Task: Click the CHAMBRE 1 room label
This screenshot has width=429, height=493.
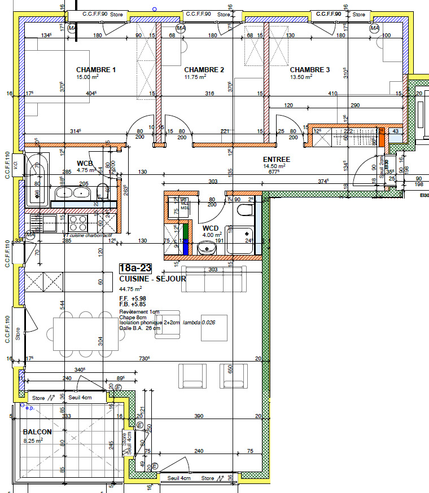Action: click(96, 70)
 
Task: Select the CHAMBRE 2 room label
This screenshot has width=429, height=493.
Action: click(204, 70)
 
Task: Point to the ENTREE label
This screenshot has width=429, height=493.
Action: click(277, 160)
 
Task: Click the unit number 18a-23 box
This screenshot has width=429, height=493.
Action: click(136, 268)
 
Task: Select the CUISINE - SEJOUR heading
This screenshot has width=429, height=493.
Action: click(152, 279)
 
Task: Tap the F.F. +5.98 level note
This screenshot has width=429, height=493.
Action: click(133, 298)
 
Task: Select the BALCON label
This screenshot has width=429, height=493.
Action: click(37, 432)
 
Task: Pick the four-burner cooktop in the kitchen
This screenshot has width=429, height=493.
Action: click(78, 220)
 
